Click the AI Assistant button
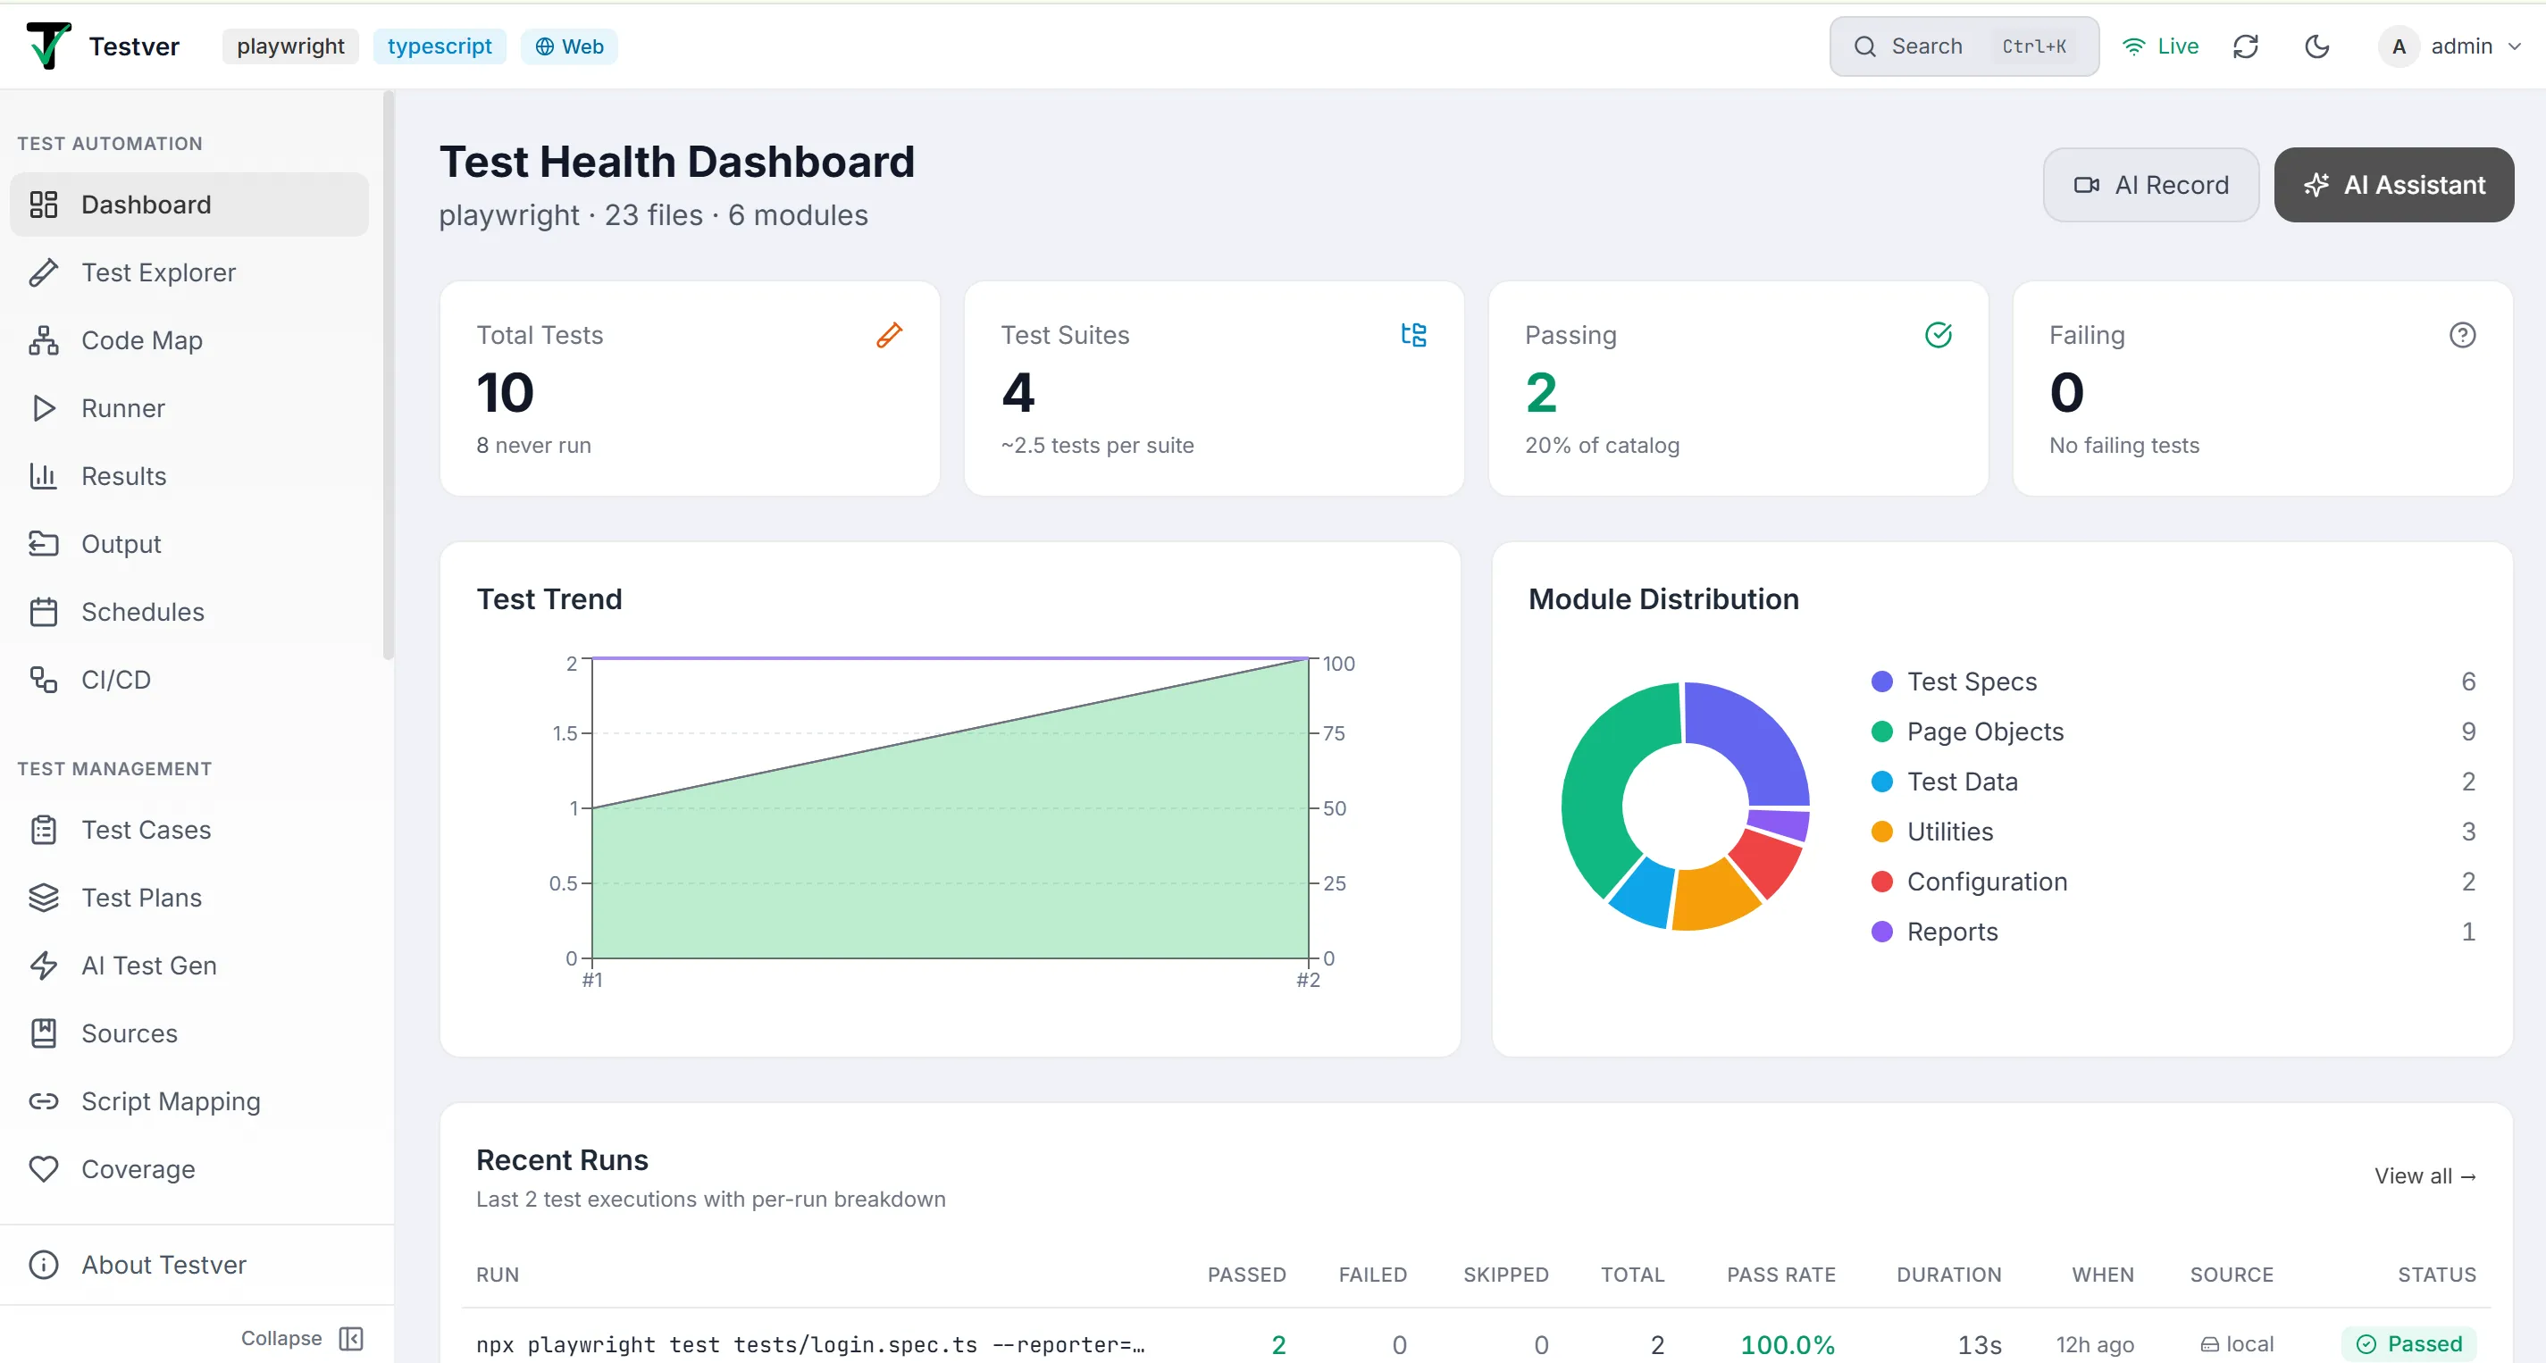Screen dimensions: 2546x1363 (x=2393, y=185)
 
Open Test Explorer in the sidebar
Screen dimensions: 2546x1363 (x=158, y=272)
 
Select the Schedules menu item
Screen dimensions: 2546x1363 (x=142, y=612)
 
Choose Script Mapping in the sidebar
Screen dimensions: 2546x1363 (x=170, y=1101)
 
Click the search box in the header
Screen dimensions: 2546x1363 (x=1963, y=46)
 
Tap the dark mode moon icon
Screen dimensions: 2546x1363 (x=2316, y=46)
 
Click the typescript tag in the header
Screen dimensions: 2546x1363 (x=439, y=46)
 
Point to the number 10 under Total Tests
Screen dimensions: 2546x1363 (x=505, y=392)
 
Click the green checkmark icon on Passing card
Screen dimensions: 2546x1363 (x=1939, y=335)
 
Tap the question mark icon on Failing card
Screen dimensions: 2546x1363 (x=2462, y=335)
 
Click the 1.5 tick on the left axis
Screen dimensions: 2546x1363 (x=565, y=733)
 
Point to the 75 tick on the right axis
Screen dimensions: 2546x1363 (x=1335, y=733)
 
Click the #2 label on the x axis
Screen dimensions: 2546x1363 (x=1308, y=981)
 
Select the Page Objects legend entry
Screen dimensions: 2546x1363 (x=1985, y=732)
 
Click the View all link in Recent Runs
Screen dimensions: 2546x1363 (x=2425, y=1176)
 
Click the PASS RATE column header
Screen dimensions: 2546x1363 (x=1781, y=1275)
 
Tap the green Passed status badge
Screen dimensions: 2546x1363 (x=2408, y=1344)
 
